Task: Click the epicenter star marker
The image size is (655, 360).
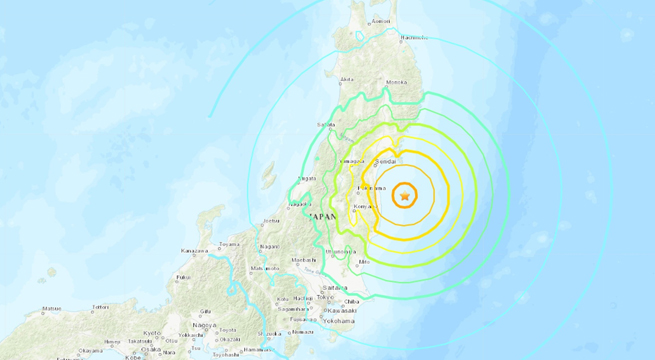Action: pos(404,196)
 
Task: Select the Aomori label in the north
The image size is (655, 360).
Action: pos(380,20)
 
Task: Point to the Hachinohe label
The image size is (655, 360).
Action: pos(414,38)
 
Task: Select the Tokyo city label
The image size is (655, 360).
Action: pos(327,296)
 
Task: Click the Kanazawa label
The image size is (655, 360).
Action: pos(195,250)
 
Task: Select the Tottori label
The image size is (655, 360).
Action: pos(99,307)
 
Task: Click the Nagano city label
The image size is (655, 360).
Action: pos(269,246)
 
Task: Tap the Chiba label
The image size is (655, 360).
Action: pos(352,300)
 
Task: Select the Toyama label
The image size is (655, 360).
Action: pos(230,243)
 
